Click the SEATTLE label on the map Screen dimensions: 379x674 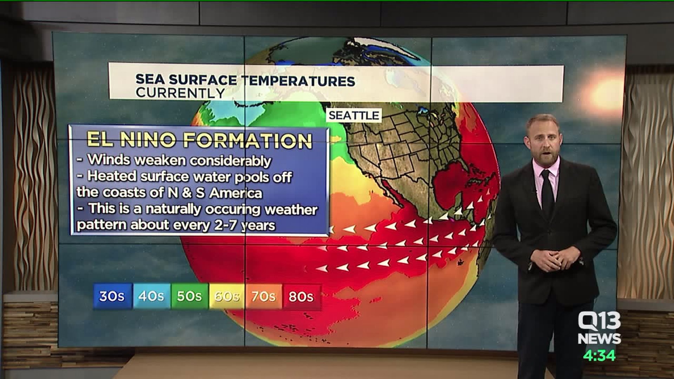pyautogui.click(x=353, y=115)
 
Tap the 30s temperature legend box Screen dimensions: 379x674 pyautogui.click(x=112, y=297)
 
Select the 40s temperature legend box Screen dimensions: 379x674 pyautogui.click(x=151, y=297)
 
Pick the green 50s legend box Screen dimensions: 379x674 pyautogui.click(x=189, y=297)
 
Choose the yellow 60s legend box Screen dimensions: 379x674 pyautogui.click(x=227, y=297)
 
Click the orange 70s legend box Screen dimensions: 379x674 pyautogui.click(x=264, y=297)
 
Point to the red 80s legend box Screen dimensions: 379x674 pyautogui.click(x=301, y=297)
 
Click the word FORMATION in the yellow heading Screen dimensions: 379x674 pyautogui.click(x=248, y=140)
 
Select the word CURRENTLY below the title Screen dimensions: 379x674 pyautogui.click(x=180, y=93)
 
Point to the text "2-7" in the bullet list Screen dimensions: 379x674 pyautogui.click(x=226, y=225)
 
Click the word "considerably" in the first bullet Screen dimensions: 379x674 pyautogui.click(x=230, y=161)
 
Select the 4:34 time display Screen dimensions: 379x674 pyautogui.click(x=599, y=356)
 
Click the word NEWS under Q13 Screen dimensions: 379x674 pyautogui.click(x=599, y=339)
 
